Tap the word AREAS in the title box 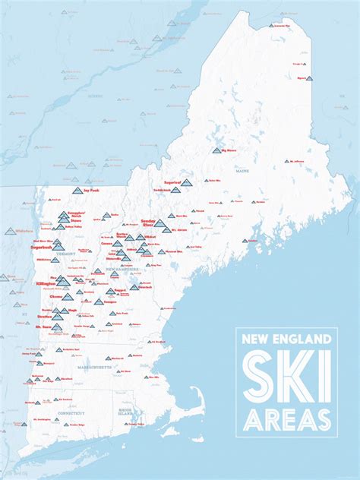pos(286,419)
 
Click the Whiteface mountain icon pos(11,231)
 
